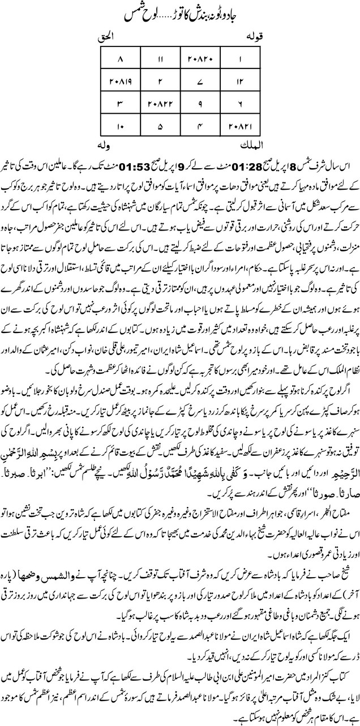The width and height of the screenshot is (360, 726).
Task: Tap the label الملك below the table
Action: pyautogui.click(x=242, y=148)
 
